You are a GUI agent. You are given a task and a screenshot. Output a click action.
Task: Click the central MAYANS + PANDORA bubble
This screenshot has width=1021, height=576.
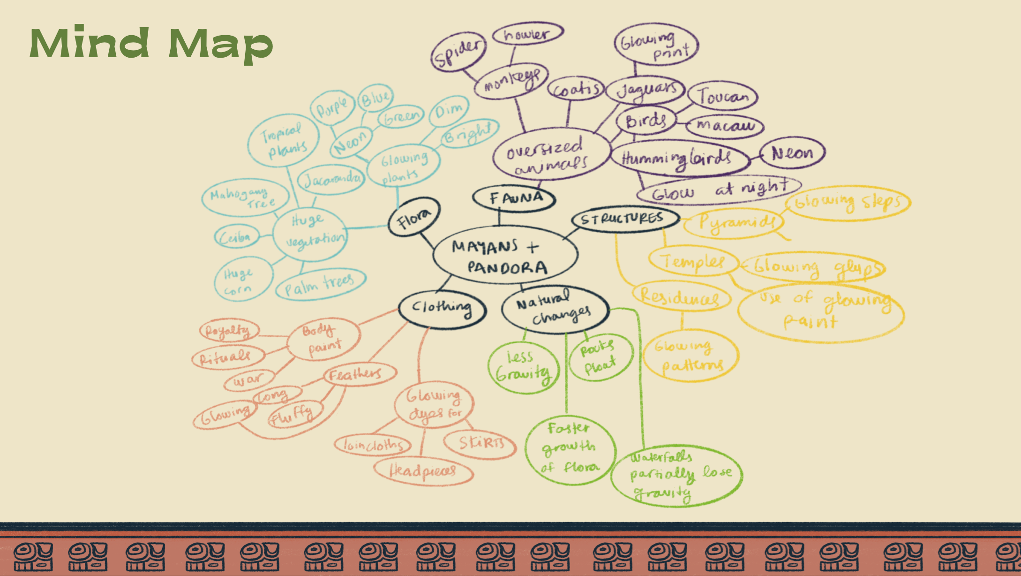click(x=505, y=256)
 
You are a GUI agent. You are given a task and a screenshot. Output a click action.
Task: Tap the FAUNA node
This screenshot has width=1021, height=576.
click(x=514, y=198)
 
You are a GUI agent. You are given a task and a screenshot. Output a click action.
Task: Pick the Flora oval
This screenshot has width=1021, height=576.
click(x=414, y=218)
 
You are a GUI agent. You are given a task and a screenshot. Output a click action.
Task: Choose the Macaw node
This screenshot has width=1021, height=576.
click(x=725, y=126)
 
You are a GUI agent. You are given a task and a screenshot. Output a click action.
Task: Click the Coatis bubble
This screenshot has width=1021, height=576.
click(x=576, y=89)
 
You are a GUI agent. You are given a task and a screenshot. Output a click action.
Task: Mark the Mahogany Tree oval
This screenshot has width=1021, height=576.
click(x=245, y=197)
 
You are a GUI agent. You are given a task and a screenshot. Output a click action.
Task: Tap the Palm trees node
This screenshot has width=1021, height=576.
click(x=320, y=284)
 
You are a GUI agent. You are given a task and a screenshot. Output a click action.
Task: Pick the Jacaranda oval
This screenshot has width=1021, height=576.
click(x=331, y=179)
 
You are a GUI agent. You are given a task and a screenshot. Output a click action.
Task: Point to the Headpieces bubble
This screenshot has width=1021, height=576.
click(x=423, y=471)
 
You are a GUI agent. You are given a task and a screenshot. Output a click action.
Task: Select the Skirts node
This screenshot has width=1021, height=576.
click(x=480, y=443)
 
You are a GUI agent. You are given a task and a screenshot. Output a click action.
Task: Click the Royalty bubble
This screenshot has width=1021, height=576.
click(x=229, y=331)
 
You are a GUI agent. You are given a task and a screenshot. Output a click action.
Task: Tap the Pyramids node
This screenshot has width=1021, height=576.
click(x=734, y=223)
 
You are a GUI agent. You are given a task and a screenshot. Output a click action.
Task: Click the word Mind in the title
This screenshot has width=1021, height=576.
click(x=90, y=44)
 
